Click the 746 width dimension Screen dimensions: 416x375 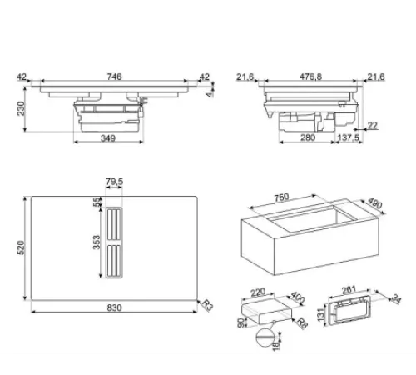[x=114, y=77]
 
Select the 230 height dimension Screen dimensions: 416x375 [x=21, y=108]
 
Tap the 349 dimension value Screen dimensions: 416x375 [x=108, y=138]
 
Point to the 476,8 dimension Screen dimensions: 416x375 [x=310, y=77]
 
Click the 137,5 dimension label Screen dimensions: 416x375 [x=348, y=137]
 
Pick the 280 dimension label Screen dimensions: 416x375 [x=308, y=137]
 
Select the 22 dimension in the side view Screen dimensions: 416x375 [x=372, y=126]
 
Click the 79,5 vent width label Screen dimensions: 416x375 [x=114, y=182]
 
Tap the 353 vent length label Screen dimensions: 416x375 [x=97, y=242]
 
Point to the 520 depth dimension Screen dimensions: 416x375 [x=21, y=247]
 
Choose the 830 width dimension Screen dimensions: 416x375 [x=114, y=307]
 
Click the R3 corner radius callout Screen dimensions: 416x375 [x=207, y=305]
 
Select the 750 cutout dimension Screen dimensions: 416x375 [x=281, y=197]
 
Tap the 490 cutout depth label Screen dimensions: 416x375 [x=375, y=203]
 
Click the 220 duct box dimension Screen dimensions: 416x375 [x=258, y=292]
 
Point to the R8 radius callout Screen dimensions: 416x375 [x=302, y=323]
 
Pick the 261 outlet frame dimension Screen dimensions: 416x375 [x=349, y=290]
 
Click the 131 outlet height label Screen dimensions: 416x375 [x=320, y=315]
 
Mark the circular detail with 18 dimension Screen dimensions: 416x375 [x=265, y=337]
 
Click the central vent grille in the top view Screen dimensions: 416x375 [x=114, y=242]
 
